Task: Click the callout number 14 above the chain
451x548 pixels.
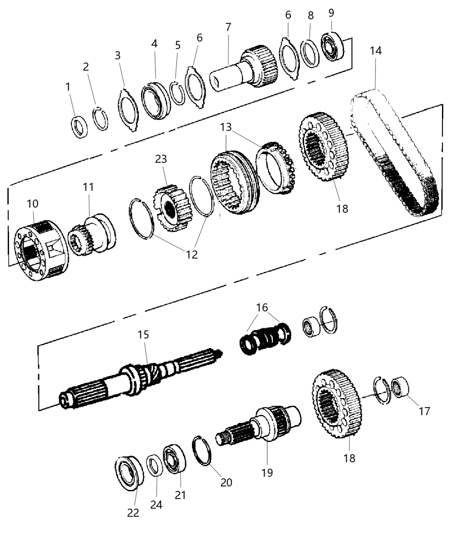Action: [x=375, y=50]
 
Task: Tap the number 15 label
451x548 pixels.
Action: [x=143, y=334]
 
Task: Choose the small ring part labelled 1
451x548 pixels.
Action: [x=79, y=127]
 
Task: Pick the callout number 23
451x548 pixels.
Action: [x=161, y=159]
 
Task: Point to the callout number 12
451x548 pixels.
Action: [x=192, y=254]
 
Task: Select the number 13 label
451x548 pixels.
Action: [x=226, y=127]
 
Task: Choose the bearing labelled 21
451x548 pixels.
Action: [x=174, y=460]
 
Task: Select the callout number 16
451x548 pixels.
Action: [x=262, y=308]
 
